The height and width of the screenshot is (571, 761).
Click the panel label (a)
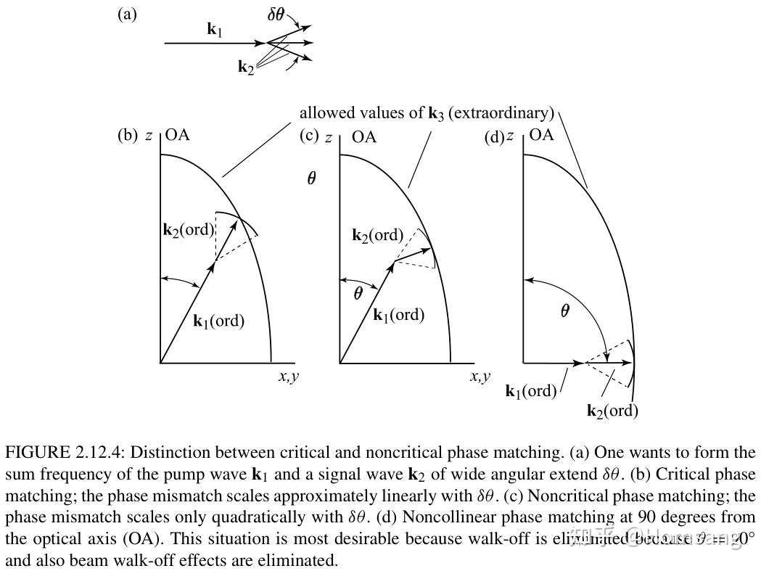pos(127,15)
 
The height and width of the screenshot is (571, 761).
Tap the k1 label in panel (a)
pos(215,30)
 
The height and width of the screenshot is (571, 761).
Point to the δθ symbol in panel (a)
pos(276,14)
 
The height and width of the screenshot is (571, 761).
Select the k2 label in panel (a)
pos(246,67)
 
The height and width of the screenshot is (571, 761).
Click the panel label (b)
pos(128,135)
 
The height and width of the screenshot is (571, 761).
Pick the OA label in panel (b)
pos(178,135)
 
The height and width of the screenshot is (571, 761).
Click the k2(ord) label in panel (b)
pos(189,230)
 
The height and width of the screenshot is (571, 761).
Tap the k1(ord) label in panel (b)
pos(218,321)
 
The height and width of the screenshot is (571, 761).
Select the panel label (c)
pos(310,135)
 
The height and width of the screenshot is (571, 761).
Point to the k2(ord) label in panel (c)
pos(377,235)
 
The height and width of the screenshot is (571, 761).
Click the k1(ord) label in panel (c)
pos(398,316)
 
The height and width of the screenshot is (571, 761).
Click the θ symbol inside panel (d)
pos(565,311)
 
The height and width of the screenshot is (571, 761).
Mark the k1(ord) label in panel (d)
pos(531,391)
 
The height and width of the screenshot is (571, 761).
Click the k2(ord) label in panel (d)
pos(612,411)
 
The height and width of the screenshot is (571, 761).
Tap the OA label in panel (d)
pos(542,135)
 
